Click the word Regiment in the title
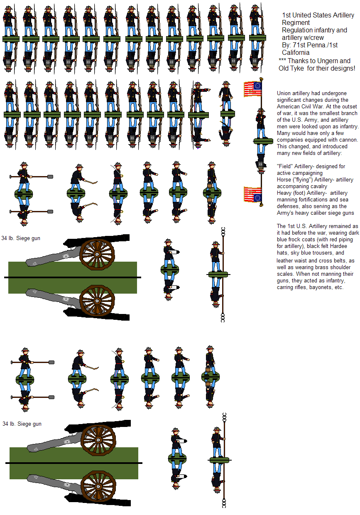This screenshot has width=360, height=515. coord(296,22)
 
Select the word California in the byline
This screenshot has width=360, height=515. coord(296,52)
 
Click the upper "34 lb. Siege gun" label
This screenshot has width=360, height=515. coord(21,238)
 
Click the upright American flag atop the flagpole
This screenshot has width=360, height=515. coord(252,89)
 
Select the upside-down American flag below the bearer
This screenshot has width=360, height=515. coord(252,194)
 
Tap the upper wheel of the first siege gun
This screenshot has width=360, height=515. coord(97,254)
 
